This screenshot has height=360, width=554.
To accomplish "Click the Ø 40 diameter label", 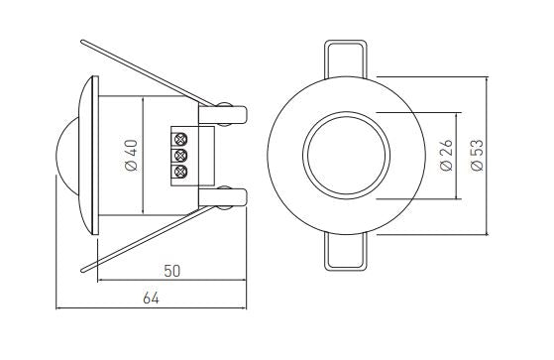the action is pyautogui.click(x=132, y=156).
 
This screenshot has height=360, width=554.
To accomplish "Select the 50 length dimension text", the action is pyautogui.click(x=172, y=271).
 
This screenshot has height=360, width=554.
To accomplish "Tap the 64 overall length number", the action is pyautogui.click(x=151, y=299).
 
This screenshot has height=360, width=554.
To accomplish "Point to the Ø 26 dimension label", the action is pyautogui.click(x=447, y=156).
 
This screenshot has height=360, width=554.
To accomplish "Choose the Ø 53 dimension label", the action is pyautogui.click(x=478, y=156).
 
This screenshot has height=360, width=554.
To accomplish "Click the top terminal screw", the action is pyautogui.click(x=180, y=139).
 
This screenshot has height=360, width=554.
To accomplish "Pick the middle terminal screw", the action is pyautogui.click(x=180, y=156).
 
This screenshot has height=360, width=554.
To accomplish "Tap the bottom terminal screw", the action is pyautogui.click(x=180, y=172).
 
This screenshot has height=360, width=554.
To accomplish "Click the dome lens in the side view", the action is pyautogui.click(x=66, y=156).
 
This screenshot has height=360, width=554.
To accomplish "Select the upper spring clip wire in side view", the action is pyautogui.click(x=148, y=73).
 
